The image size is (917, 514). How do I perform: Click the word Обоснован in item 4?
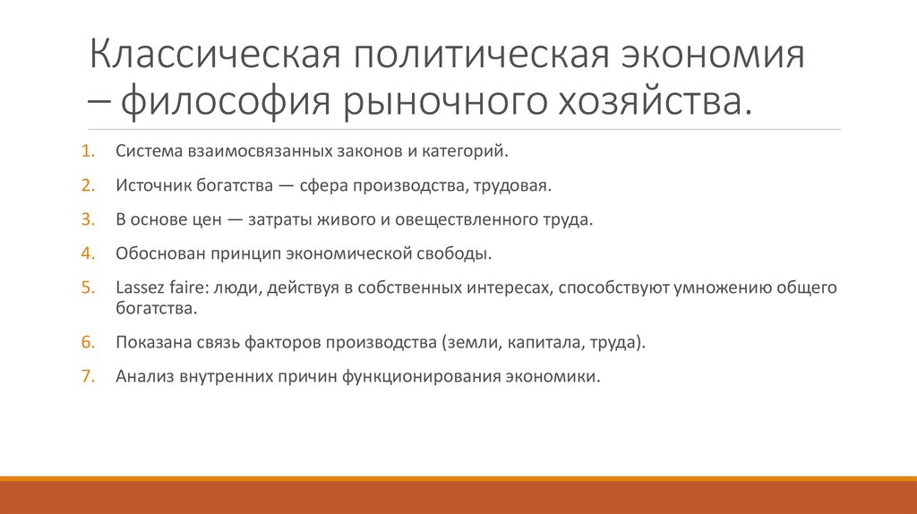click(x=152, y=253)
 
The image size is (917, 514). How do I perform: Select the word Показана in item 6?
click(x=150, y=342)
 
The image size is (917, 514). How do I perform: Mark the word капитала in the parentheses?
click(x=557, y=342)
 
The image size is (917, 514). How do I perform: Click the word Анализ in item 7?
click(x=141, y=376)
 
